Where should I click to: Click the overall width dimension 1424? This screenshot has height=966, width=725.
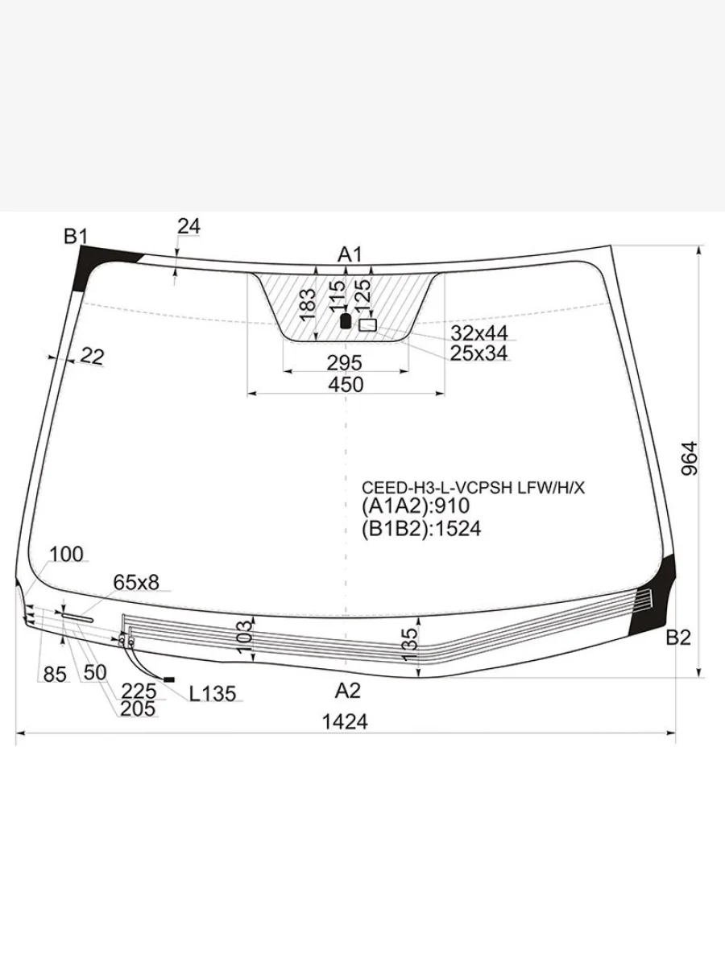pyautogui.click(x=345, y=722)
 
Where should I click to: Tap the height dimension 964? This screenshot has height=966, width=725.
pyautogui.click(x=690, y=459)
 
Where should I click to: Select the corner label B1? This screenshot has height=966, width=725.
pyautogui.click(x=76, y=237)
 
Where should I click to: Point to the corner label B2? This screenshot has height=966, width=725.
pyautogui.click(x=678, y=638)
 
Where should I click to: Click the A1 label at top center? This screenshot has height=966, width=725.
pyautogui.click(x=350, y=254)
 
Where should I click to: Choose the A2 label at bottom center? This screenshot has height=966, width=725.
pyautogui.click(x=348, y=691)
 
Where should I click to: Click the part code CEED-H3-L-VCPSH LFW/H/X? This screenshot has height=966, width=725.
pyautogui.click(x=473, y=488)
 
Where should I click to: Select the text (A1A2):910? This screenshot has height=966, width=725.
pyautogui.click(x=416, y=506)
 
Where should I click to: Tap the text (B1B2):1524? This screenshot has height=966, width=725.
pyautogui.click(x=421, y=529)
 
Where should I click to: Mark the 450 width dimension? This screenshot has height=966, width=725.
pyautogui.click(x=346, y=385)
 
